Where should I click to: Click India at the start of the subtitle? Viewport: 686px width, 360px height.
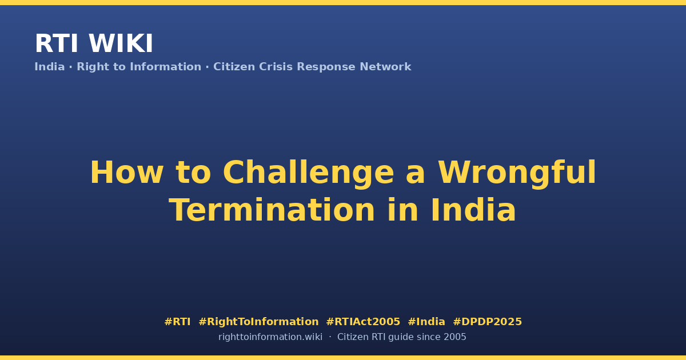[50, 67]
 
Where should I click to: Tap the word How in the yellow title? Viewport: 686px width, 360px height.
[127, 173]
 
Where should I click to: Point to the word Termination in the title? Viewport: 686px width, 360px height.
[272, 210]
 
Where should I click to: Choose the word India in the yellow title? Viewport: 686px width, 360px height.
[473, 210]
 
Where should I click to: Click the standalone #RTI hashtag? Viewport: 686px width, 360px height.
[177, 322]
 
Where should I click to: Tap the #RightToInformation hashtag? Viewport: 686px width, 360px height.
[258, 322]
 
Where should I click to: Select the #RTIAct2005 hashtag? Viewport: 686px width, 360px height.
[363, 322]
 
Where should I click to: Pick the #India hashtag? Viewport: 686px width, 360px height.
[426, 322]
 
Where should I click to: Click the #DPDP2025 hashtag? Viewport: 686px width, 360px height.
[487, 322]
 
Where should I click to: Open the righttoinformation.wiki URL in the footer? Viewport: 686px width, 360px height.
[270, 337]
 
